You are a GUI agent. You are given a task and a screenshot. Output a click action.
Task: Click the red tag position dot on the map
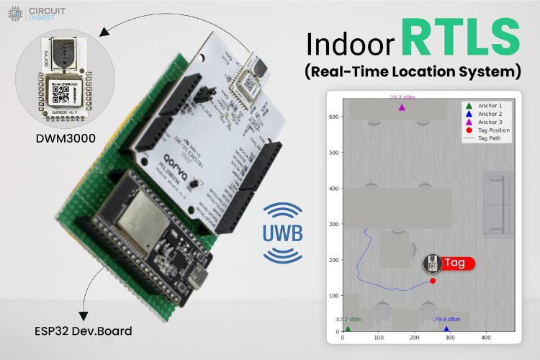[433, 281]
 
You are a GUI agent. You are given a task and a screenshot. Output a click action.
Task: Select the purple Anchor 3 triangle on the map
[402, 108]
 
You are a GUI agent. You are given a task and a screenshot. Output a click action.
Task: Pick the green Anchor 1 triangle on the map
[348, 329]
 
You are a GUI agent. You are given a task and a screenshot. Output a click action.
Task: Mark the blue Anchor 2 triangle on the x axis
[446, 329]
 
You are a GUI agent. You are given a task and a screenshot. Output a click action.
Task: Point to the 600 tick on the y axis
[333, 117]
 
